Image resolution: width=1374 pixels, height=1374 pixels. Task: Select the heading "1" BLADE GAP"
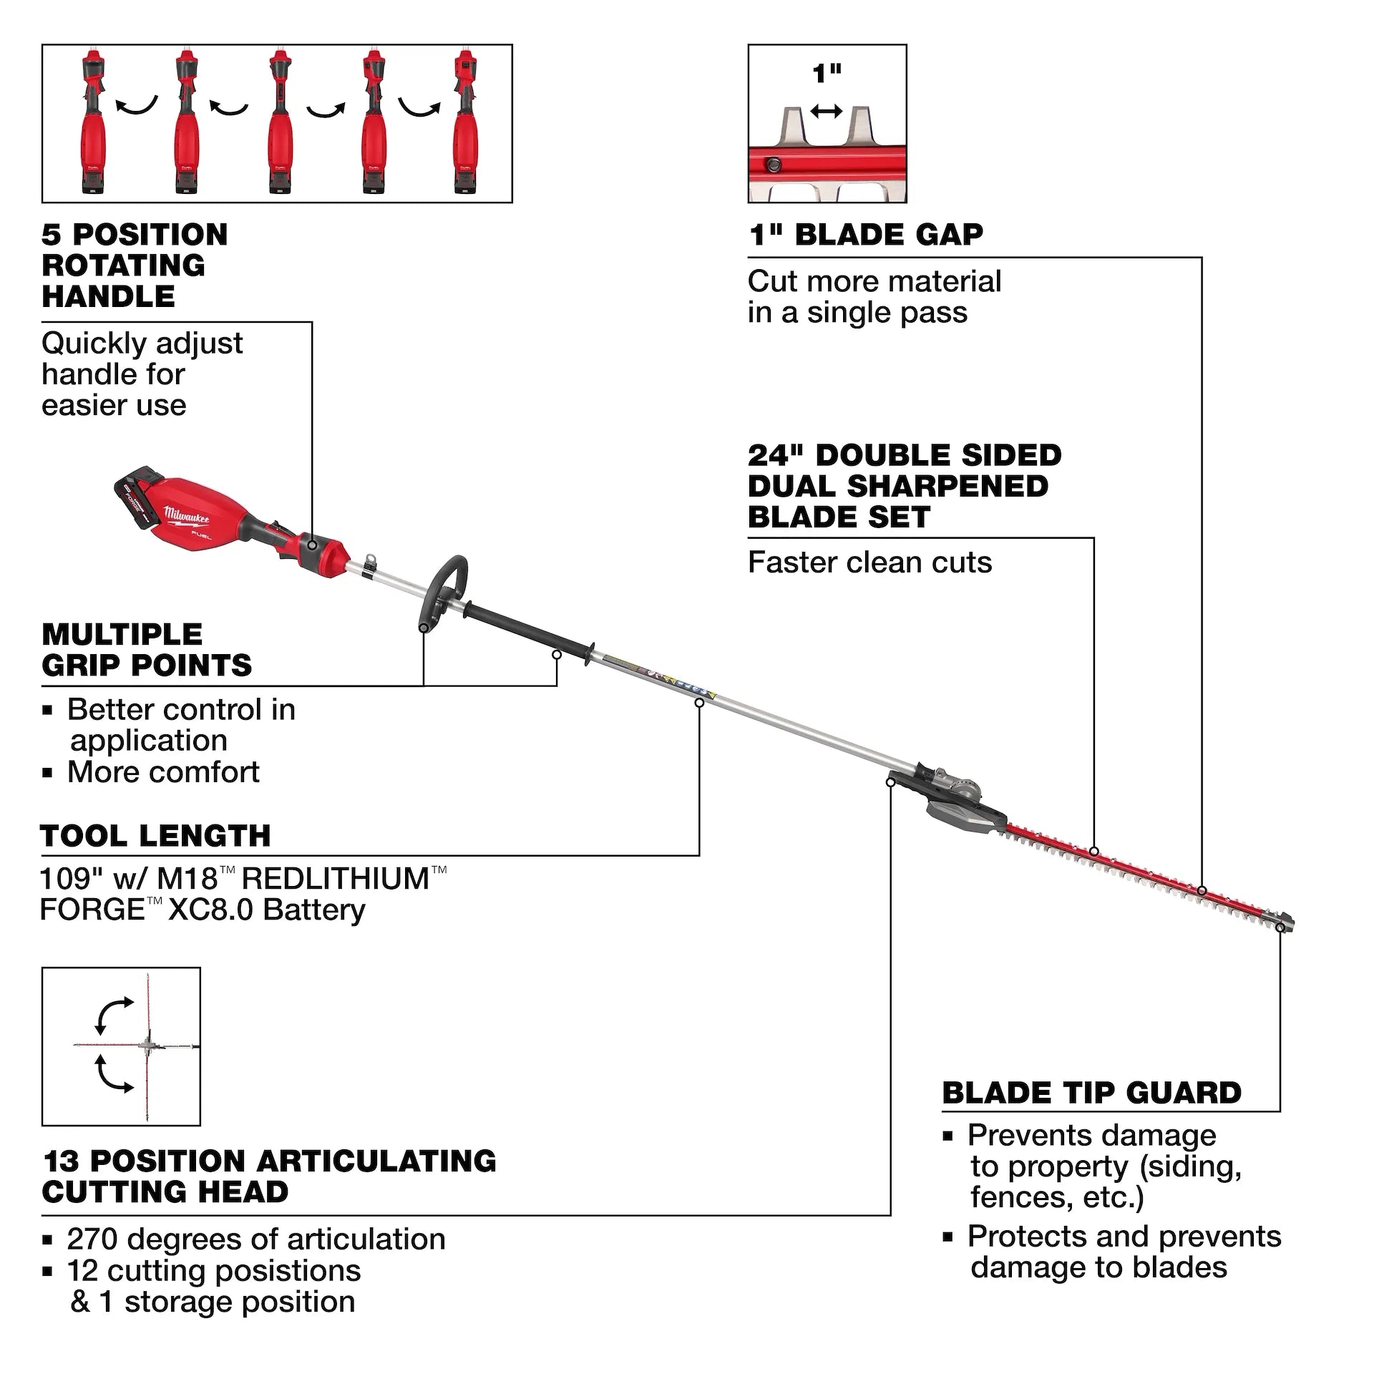865,235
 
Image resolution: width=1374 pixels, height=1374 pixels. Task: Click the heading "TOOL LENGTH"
156,836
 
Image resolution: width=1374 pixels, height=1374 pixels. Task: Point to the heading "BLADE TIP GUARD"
1091,1093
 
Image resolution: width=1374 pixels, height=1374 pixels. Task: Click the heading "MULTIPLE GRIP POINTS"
146,650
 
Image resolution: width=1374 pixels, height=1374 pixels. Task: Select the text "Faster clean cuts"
869,562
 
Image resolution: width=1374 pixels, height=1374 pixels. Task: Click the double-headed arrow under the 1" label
827,112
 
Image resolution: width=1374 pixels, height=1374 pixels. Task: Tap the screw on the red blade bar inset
772,165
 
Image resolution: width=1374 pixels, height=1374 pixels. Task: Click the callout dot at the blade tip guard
1280,927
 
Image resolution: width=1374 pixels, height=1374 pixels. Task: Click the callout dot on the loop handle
424,628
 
